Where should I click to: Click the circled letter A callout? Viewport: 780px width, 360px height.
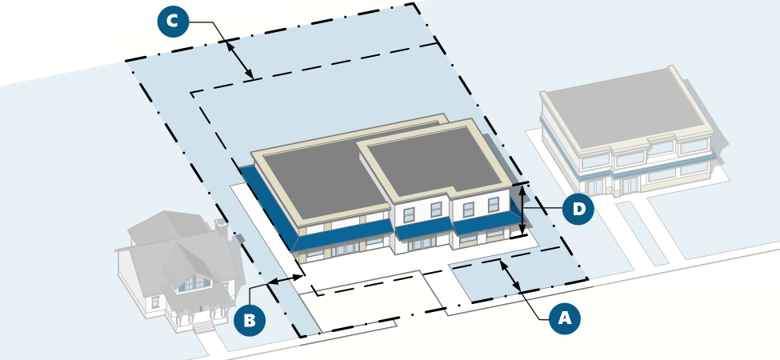click(x=565, y=318)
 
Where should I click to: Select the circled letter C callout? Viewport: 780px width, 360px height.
click(x=173, y=21)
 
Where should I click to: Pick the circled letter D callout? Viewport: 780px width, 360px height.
click(x=578, y=210)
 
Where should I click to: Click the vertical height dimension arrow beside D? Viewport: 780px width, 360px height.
click(x=522, y=210)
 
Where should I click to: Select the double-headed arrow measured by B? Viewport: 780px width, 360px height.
click(x=286, y=279)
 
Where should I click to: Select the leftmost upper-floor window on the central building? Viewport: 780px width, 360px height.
click(x=409, y=214)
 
